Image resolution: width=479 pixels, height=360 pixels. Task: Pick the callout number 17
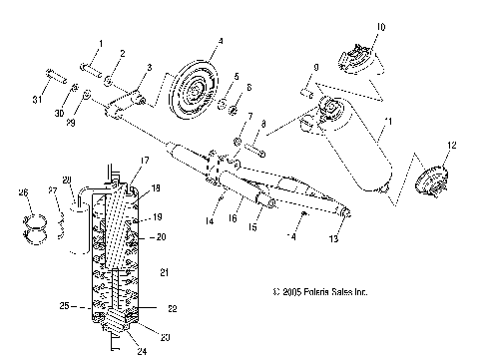144,160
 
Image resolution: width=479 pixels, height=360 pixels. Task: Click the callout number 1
99,43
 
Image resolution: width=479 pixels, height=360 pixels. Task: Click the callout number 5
237,77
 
